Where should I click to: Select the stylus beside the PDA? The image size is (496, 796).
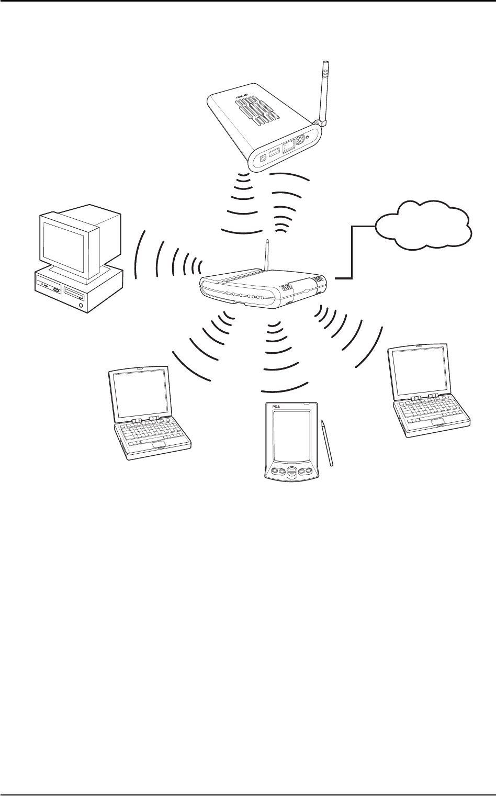tap(328, 442)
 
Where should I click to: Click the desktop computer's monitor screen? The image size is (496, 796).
tap(64, 244)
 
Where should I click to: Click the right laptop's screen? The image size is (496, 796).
tap(418, 372)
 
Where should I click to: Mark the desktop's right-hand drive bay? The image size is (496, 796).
tap(72, 289)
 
